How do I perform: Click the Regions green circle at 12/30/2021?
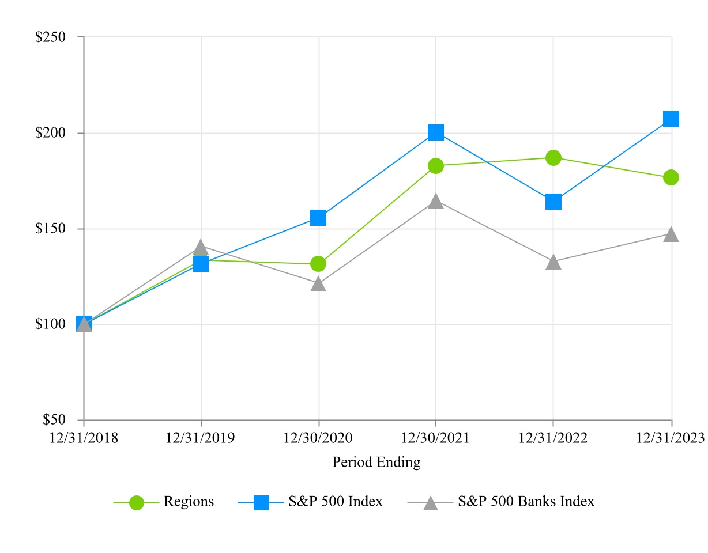pos(436,166)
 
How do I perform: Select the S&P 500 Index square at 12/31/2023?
pos(671,119)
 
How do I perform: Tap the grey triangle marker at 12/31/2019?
pos(201,248)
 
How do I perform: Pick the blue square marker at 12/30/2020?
pos(318,218)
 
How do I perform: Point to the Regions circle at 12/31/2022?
pos(553,158)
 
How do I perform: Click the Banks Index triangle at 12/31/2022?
pos(553,263)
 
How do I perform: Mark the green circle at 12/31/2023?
pos(671,177)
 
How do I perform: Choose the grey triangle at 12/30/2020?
pos(318,284)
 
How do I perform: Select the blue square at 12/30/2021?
pos(436,132)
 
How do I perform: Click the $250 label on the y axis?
pos(51,37)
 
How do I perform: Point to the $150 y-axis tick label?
pos(51,229)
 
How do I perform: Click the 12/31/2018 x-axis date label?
pos(84,438)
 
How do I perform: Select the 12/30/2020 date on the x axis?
pos(318,438)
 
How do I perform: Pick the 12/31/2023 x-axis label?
pos(670,438)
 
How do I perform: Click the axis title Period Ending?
pos(376,462)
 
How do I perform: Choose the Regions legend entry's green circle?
pos(137,503)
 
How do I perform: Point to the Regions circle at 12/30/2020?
pos(318,264)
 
